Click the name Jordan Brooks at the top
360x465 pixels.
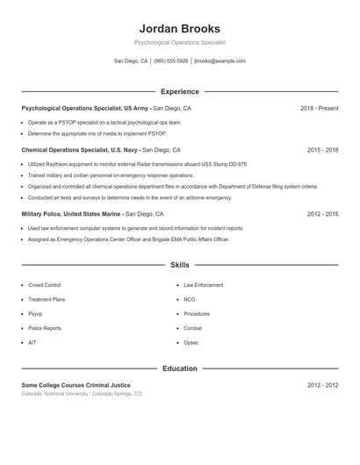point(179,29)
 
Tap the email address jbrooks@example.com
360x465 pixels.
point(220,61)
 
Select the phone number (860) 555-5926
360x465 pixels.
point(170,61)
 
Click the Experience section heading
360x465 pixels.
point(179,91)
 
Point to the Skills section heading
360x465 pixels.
point(179,264)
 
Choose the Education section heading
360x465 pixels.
point(179,368)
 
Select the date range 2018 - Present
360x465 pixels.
point(319,108)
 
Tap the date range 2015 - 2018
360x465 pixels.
point(322,150)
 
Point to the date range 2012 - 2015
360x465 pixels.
point(322,213)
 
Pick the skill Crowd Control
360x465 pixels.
point(45,285)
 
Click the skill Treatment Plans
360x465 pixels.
point(47,299)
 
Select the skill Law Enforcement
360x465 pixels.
point(204,285)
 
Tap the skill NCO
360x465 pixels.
point(190,299)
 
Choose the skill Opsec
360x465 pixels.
point(191,342)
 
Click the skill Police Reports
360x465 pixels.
point(45,328)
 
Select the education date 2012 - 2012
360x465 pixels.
point(322,385)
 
